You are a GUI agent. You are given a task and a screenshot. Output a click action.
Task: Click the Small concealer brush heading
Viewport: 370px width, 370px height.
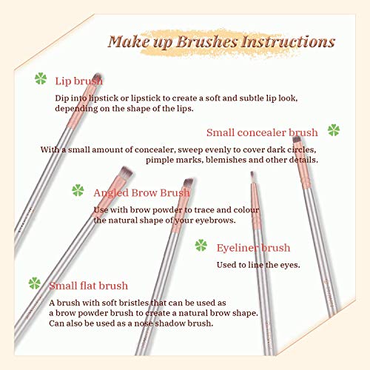263,132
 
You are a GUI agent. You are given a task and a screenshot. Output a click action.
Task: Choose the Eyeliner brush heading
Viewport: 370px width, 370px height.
253,247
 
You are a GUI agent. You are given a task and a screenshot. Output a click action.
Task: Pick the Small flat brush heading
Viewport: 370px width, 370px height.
88,286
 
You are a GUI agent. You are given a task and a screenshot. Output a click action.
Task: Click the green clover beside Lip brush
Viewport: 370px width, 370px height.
41,78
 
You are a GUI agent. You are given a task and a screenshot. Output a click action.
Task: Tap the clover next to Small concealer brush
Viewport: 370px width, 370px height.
334,131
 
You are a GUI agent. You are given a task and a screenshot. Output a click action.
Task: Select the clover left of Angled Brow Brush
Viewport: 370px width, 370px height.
78,191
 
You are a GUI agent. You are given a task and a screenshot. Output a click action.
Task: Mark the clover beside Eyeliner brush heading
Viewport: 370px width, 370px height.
201,245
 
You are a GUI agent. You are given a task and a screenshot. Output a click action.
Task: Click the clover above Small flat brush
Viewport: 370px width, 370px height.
34,282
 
